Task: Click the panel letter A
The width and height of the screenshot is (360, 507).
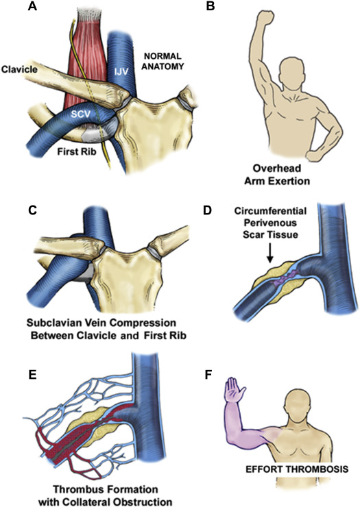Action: tap(32, 6)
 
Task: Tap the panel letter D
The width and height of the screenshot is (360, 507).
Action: tap(207, 210)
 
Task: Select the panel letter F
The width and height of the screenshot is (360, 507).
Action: tap(209, 375)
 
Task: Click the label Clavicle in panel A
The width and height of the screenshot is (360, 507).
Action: tap(19, 69)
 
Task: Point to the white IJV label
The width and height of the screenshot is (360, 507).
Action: tap(122, 71)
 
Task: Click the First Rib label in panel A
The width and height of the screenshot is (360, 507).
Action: tap(77, 151)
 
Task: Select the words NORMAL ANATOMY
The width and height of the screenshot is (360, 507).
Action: tap(163, 61)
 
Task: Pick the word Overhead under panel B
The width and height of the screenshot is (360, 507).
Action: tap(277, 168)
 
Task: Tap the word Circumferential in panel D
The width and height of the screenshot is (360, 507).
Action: tap(270, 211)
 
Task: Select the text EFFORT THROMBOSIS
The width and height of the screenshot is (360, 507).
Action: tap(297, 469)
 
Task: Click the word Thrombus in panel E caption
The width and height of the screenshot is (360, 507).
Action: tap(73, 489)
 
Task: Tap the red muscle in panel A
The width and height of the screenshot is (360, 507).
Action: tap(86, 64)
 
